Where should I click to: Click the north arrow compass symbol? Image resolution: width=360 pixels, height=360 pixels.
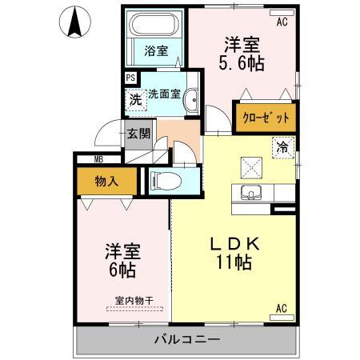pyautogui.click(x=74, y=22)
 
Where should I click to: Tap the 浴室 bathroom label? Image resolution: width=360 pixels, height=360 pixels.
pyautogui.click(x=156, y=51)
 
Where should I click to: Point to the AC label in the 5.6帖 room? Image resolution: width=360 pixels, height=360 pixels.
pyautogui.click(x=282, y=22)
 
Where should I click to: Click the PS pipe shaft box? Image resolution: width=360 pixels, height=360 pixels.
pyautogui.click(x=130, y=78)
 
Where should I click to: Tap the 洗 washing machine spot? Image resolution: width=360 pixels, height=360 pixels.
pyautogui.click(x=135, y=102)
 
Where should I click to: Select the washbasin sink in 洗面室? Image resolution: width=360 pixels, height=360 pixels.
pyautogui.click(x=191, y=102)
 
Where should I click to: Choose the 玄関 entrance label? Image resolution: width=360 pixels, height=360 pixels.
pyautogui.click(x=138, y=134)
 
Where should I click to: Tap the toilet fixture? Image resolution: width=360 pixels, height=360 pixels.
pyautogui.click(x=164, y=181)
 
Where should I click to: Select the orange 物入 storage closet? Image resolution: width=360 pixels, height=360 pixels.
pyautogui.click(x=106, y=181)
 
